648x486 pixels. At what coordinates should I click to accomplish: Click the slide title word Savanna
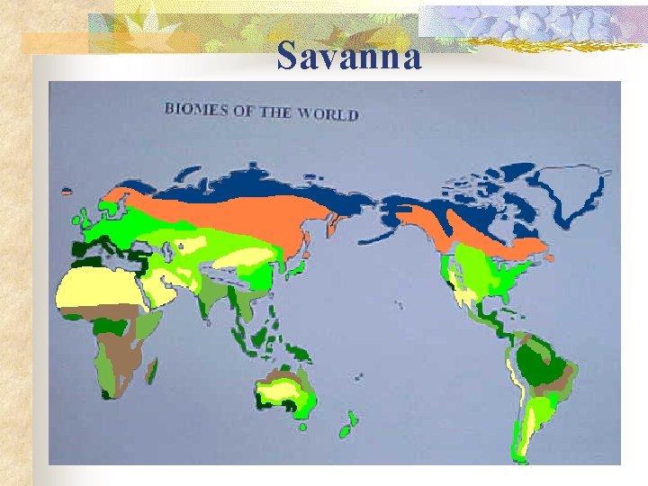point(349,57)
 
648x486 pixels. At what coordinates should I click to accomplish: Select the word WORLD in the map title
point(328,113)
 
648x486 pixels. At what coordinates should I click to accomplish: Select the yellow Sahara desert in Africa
point(94,288)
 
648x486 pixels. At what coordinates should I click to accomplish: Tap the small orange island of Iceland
point(66,191)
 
